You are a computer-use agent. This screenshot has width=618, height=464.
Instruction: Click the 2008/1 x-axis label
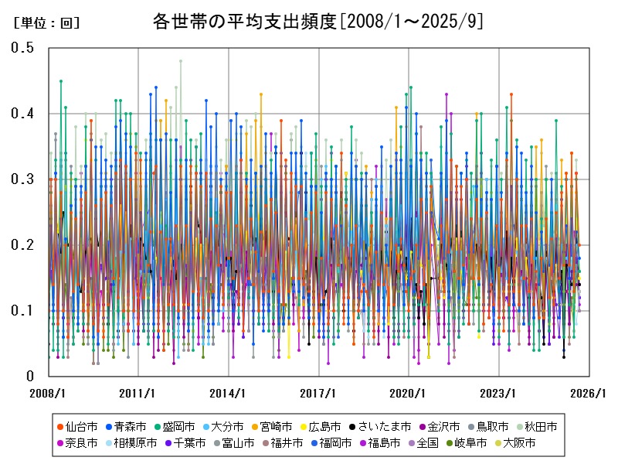(48, 393)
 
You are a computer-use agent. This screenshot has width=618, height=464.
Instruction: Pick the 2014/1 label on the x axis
(229, 393)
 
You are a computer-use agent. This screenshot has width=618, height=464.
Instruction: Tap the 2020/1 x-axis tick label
(409, 393)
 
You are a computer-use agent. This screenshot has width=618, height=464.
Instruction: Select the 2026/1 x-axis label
(589, 393)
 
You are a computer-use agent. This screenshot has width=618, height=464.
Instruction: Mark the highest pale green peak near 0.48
(181, 60)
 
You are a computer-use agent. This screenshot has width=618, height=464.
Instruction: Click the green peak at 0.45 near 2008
(61, 80)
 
